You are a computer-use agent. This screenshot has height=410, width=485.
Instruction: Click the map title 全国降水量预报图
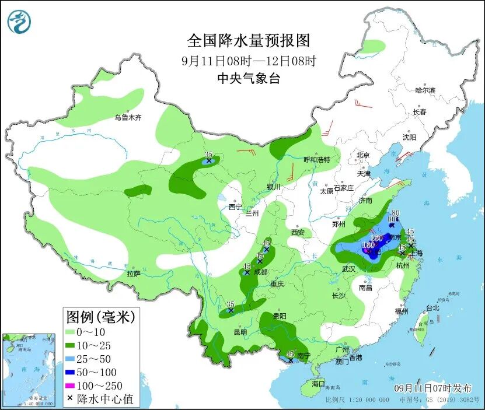coord(248,41)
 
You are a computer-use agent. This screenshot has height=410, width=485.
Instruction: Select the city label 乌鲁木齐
coord(128,117)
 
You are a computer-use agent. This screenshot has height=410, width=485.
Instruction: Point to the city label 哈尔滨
coord(425,90)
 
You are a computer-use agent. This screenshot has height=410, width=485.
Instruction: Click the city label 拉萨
coord(133,273)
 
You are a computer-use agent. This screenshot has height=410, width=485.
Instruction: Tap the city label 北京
coord(363,155)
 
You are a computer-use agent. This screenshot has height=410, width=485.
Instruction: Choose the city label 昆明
coord(240,332)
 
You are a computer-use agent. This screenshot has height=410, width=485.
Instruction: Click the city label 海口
coord(317,384)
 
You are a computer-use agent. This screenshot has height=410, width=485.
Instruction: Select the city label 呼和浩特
coord(317,159)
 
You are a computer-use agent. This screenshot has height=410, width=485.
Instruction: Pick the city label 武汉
coord(349,269)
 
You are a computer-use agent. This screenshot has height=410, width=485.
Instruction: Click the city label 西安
coord(298,232)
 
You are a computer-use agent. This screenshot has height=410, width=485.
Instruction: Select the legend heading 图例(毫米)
coord(100,318)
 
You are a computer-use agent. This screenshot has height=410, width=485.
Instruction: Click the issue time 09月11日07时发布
coord(433,388)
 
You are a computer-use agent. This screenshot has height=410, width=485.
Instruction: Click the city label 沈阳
coord(409,138)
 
